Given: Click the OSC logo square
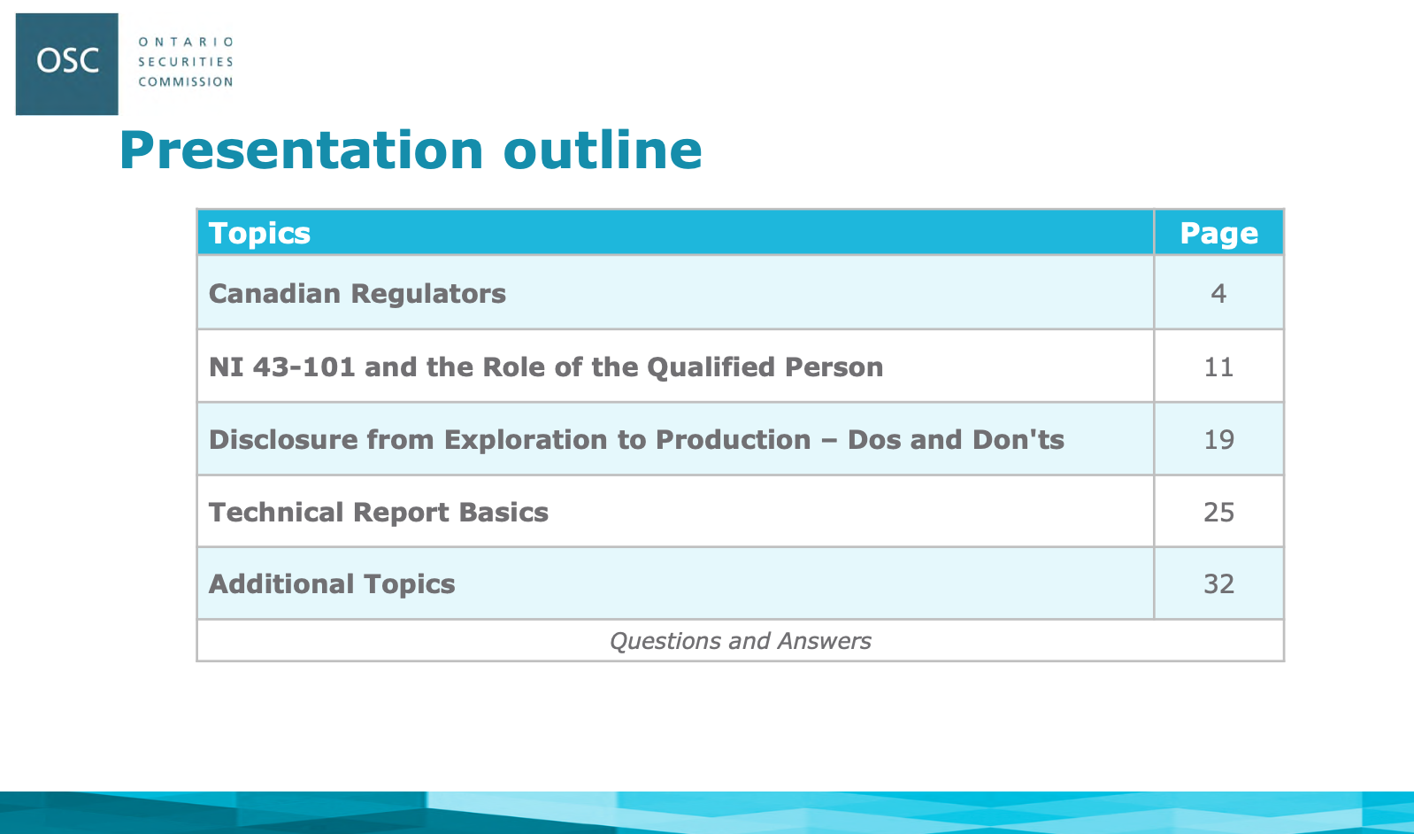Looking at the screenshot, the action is click(x=67, y=64).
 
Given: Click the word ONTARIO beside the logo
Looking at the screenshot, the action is click(x=186, y=42).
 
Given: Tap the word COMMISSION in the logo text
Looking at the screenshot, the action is click(x=186, y=82).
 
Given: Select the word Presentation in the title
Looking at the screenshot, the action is click(x=302, y=152).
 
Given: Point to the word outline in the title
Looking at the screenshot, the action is click(x=603, y=151).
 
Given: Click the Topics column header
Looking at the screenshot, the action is click(x=259, y=234).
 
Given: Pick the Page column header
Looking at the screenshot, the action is click(x=1219, y=234).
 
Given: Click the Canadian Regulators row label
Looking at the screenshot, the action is click(x=357, y=294).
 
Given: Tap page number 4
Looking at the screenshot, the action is click(x=1218, y=294).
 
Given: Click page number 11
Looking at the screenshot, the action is click(x=1218, y=367).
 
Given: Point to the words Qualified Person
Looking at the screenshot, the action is click(x=765, y=367).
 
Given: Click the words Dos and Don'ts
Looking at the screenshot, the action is click(x=956, y=440).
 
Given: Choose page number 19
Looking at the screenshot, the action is click(x=1219, y=440).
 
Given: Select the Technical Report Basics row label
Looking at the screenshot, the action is click(x=379, y=513).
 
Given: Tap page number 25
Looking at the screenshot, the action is click(x=1219, y=513).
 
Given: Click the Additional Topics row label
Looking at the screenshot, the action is click(x=332, y=584).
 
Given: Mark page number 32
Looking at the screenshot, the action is click(x=1219, y=584).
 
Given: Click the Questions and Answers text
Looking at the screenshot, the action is click(x=741, y=641).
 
